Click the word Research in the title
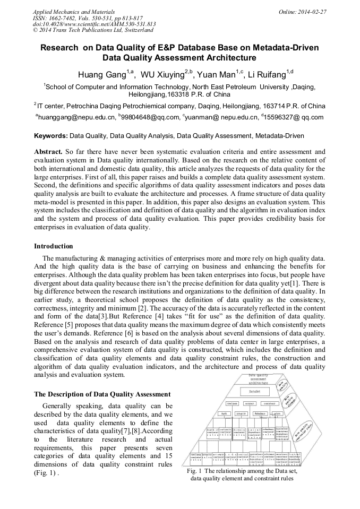pos(59,47)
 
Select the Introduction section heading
pos(54,246)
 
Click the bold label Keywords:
pos(51,136)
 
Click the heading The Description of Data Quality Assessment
pos(102,394)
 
